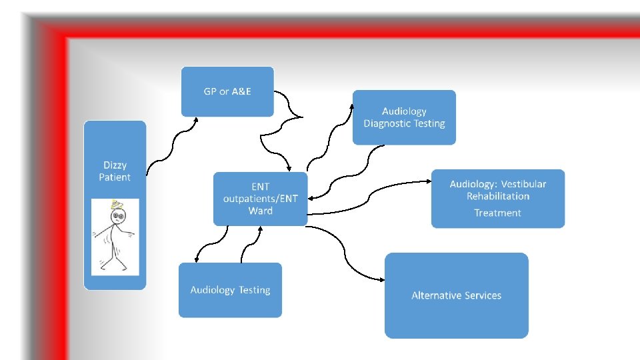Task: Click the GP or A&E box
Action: [227, 91]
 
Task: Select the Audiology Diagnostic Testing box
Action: [404, 117]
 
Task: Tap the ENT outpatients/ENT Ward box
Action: [260, 199]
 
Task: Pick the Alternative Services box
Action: [456, 295]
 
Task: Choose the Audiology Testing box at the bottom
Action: [230, 290]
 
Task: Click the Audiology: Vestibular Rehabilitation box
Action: [497, 198]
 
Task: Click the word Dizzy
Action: [115, 165]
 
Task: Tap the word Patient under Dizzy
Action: [115, 177]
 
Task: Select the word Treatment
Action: [497, 213]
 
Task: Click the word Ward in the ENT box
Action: [260, 211]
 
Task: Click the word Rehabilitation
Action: [497, 197]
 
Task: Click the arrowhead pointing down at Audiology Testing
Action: [196, 260]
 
